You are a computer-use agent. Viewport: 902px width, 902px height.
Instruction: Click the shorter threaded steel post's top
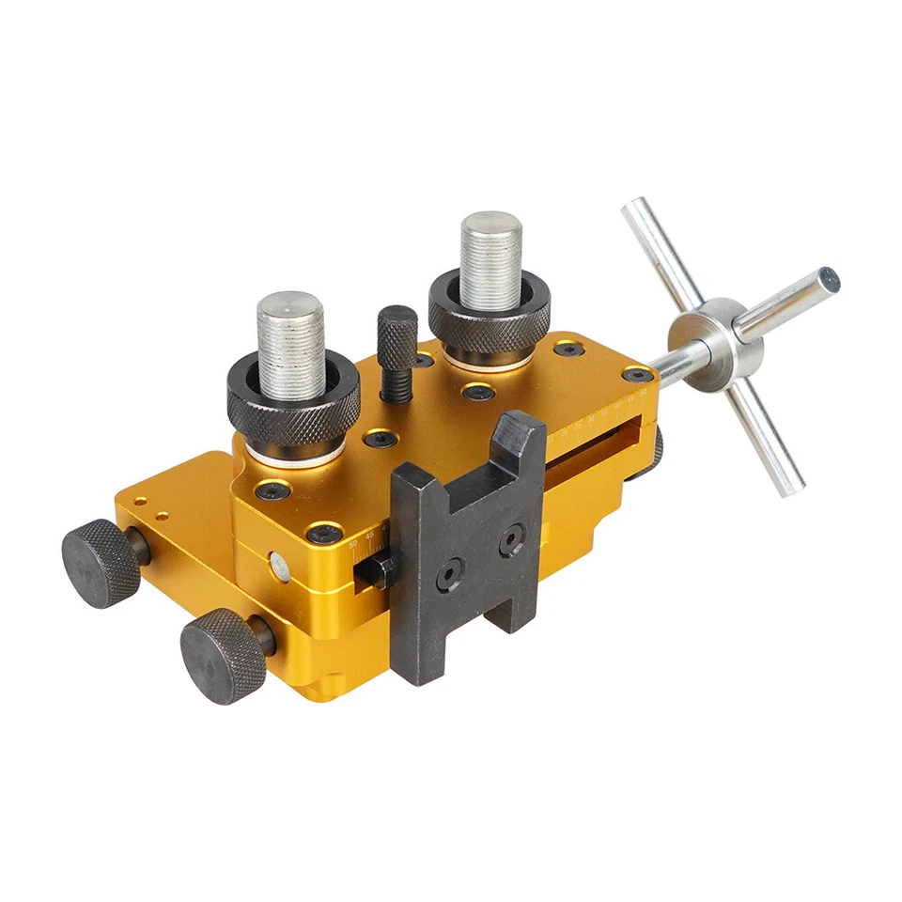click(x=290, y=305)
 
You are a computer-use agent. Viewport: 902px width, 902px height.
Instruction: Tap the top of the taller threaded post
click(x=490, y=225)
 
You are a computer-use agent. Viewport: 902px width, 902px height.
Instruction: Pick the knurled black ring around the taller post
click(x=490, y=315)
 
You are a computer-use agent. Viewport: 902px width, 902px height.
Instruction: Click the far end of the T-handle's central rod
click(x=828, y=279)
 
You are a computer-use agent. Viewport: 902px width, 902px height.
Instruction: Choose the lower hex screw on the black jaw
click(x=450, y=574)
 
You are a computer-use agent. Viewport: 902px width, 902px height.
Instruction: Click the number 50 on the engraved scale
click(x=353, y=544)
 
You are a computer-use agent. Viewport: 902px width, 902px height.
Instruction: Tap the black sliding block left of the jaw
click(x=374, y=569)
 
